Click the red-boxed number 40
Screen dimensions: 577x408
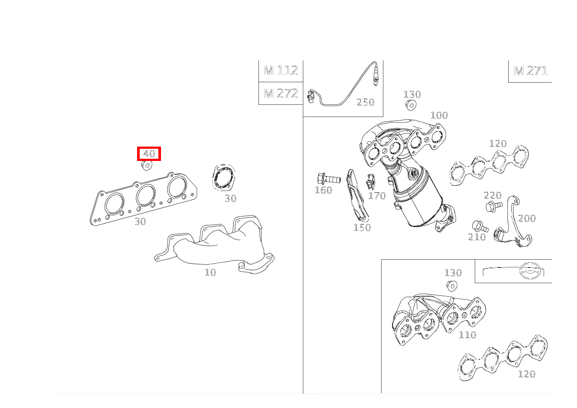149,154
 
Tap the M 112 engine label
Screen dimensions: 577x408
281,70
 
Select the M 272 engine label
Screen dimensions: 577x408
281,93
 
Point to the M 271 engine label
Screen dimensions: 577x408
530,71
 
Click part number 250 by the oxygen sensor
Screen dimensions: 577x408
366,102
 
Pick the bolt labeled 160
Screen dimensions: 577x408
328,178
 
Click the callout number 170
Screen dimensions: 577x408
377,196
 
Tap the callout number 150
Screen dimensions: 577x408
362,227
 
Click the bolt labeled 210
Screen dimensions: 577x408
480,226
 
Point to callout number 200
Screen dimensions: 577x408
527,218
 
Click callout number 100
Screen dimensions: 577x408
439,115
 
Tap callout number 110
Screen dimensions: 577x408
467,334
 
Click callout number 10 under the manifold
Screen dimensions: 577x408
211,272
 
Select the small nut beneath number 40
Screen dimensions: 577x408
147,165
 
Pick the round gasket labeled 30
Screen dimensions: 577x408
223,177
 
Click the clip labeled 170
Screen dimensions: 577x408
370,181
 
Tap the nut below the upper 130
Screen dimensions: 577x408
411,105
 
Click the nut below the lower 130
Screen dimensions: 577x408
452,285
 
